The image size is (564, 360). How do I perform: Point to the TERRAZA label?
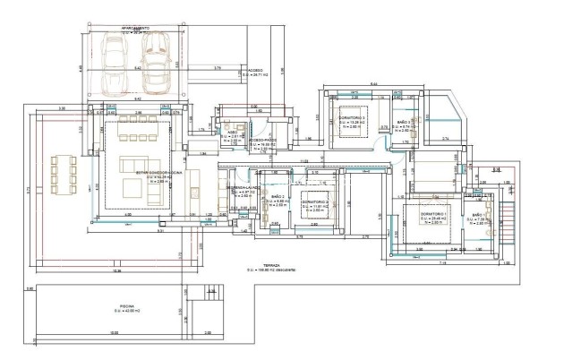(266, 265)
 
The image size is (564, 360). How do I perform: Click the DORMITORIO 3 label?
(352, 118)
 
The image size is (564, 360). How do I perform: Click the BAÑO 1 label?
(478, 216)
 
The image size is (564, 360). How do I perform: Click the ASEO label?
(231, 131)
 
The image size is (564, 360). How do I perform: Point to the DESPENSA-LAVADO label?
(241, 187)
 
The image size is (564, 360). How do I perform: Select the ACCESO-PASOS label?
(261, 140)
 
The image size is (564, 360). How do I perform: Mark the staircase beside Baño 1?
(506, 219)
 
